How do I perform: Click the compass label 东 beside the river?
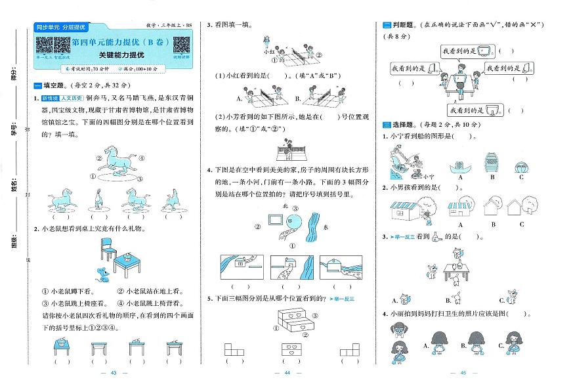point(326,227)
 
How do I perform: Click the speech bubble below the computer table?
point(468,110)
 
